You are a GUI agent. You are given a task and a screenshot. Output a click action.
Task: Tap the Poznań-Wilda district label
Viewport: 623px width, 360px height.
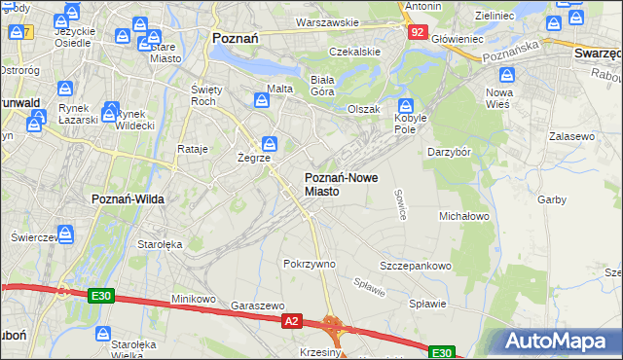pyautogui.click(x=128, y=198)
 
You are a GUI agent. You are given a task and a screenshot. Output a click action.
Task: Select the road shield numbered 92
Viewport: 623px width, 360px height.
pyautogui.click(x=417, y=32)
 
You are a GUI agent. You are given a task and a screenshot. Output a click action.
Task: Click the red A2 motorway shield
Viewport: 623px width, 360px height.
pyautogui.click(x=290, y=319)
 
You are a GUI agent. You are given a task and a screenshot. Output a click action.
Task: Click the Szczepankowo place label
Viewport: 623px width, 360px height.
pyautogui.click(x=416, y=266)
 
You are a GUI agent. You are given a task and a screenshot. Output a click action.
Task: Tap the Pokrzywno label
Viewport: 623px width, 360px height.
pyautogui.click(x=309, y=264)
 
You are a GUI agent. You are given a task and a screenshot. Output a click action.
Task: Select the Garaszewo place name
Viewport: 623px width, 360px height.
pyautogui.click(x=257, y=305)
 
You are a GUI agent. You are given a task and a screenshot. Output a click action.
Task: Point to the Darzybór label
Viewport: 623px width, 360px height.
pyautogui.click(x=450, y=152)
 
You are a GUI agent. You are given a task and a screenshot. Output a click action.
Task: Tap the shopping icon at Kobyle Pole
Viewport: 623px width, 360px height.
pyautogui.click(x=406, y=106)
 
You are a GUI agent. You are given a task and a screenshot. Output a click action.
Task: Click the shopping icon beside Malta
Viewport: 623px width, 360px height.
pyautogui.click(x=262, y=99)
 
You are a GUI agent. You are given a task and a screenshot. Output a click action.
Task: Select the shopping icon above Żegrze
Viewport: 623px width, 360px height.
pyautogui.click(x=268, y=145)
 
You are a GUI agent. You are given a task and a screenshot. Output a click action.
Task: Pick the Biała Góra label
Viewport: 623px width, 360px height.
pyautogui.click(x=321, y=85)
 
